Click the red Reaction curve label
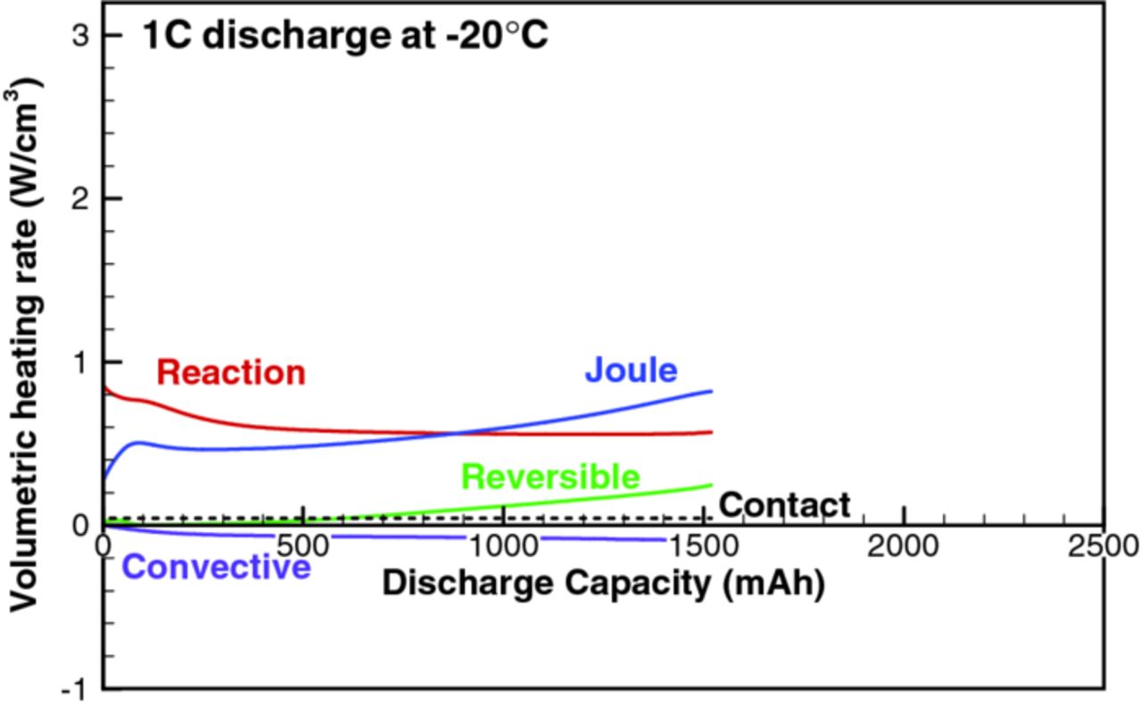click(231, 372)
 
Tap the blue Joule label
click(631, 370)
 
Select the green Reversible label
click(550, 478)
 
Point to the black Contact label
click(784, 505)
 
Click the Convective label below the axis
click(216, 567)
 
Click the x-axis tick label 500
click(303, 545)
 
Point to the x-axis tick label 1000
click(504, 545)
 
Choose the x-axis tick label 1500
click(703, 545)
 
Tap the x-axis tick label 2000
click(904, 545)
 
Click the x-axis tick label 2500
click(1103, 545)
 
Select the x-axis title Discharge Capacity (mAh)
click(603, 584)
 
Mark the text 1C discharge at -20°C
click(344, 37)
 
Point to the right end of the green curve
click(711, 485)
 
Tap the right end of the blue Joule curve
click(711, 391)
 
